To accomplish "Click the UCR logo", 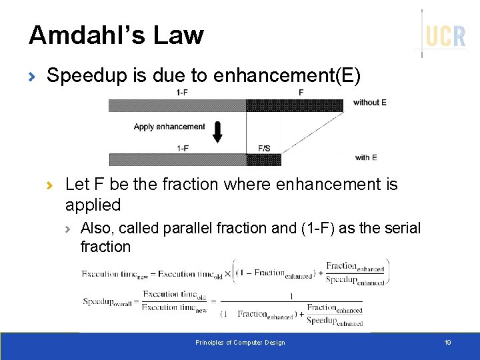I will click(x=445, y=35).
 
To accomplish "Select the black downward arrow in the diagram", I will click(x=217, y=131).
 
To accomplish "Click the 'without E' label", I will click(x=370, y=103).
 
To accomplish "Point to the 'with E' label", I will click(x=366, y=157).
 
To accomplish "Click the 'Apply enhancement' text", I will click(x=169, y=127).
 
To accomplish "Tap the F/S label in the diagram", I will click(x=263, y=148).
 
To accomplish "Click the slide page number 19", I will click(x=447, y=343).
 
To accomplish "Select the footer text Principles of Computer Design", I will click(x=240, y=343).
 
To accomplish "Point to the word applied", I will click(x=93, y=205).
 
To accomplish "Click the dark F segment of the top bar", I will click(x=295, y=105).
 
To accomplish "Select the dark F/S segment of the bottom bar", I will click(x=263, y=159).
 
